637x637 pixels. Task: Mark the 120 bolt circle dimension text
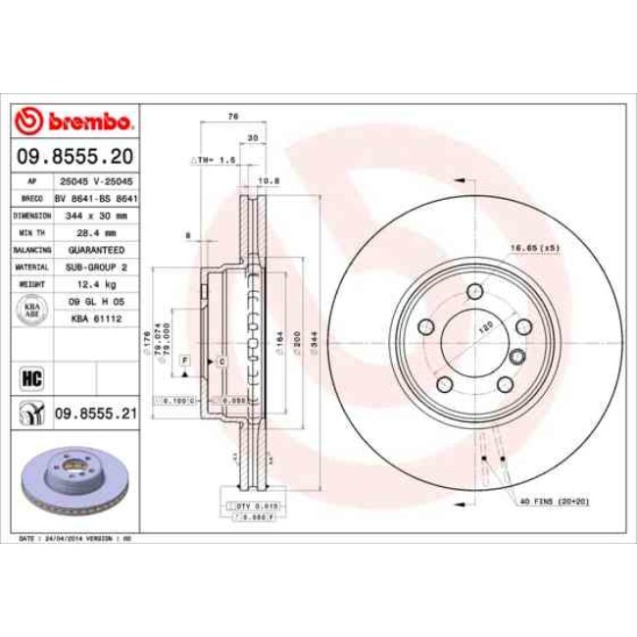click(483, 330)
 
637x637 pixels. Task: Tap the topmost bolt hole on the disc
click(475, 291)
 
